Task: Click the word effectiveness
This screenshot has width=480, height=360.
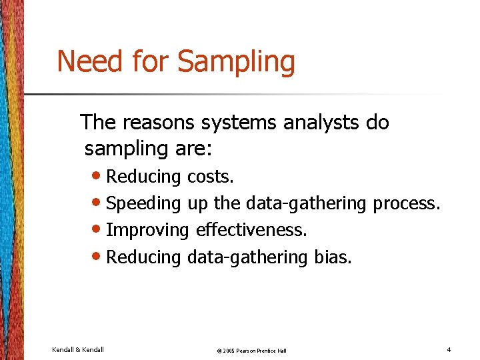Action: coord(251,230)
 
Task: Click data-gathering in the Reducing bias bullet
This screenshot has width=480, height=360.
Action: coord(247,257)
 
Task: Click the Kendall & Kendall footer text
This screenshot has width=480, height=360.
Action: coord(77,350)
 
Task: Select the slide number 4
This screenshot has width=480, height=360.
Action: coord(449,350)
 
